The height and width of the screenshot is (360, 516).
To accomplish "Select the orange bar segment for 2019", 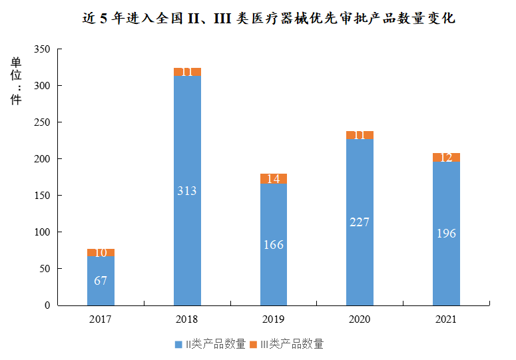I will (x=274, y=178).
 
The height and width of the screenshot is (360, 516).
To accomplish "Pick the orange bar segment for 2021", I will (x=446, y=158).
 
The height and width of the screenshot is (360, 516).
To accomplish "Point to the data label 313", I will (x=187, y=191).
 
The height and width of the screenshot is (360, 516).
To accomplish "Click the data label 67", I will (x=101, y=281).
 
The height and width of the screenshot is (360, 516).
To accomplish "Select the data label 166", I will (x=274, y=245).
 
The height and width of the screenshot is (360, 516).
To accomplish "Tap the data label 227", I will (x=360, y=222).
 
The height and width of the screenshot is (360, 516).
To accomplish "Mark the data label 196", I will (x=446, y=234).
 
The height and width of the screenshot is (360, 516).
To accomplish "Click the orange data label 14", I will (x=274, y=178).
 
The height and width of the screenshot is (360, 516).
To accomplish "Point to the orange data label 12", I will (x=446, y=158).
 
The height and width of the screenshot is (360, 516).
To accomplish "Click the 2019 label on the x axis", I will (x=274, y=319).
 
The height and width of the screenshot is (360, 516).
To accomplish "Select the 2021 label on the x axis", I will (x=446, y=319).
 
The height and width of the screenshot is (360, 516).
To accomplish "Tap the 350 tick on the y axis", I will (x=43, y=50).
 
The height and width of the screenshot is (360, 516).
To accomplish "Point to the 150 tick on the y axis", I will (x=43, y=196).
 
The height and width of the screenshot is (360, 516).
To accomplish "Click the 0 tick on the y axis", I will (x=47, y=305).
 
